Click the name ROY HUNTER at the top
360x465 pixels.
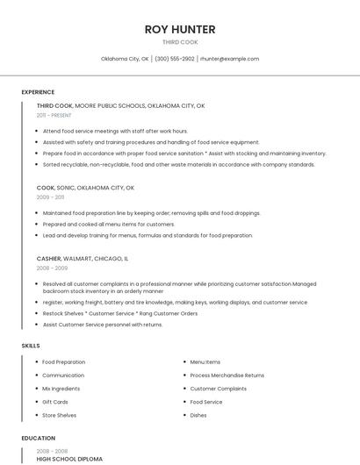pyautogui.click(x=180, y=29)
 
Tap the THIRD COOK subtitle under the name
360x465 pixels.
pyautogui.click(x=180, y=41)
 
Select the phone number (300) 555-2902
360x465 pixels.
pyautogui.click(x=175, y=59)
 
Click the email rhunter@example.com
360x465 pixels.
pyautogui.click(x=229, y=59)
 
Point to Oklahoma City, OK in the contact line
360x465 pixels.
pyautogui.click(x=125, y=59)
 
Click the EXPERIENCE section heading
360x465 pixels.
pyautogui.click(x=38, y=92)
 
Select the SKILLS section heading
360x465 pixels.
pyautogui.click(x=31, y=346)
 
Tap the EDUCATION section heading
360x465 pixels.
pyautogui.click(x=38, y=438)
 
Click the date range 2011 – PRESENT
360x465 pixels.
pyautogui.click(x=54, y=115)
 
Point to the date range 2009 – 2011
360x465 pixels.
pyautogui.click(x=50, y=197)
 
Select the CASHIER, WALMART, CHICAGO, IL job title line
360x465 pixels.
pyautogui.click(x=83, y=259)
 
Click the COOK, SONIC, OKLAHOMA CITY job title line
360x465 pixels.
pyautogui.click(x=85, y=188)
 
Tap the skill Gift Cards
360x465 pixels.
pyautogui.click(x=55, y=402)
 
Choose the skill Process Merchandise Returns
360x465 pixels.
pyautogui.click(x=227, y=376)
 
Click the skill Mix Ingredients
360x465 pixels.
pyautogui.click(x=61, y=389)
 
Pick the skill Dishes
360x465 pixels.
pyautogui.click(x=198, y=415)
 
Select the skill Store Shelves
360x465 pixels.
pyautogui.click(x=60, y=415)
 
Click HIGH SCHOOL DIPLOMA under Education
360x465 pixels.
pyautogui.click(x=69, y=459)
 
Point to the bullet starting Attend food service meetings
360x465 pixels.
pyautogui.click(x=115, y=131)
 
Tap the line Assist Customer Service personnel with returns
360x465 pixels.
pyautogui.click(x=103, y=325)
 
